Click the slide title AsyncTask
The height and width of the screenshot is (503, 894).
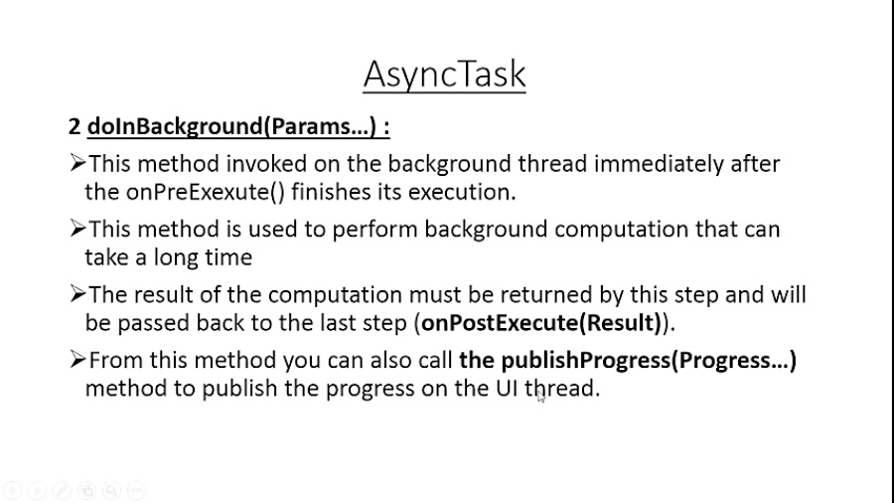(x=444, y=74)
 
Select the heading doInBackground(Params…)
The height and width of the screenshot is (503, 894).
(x=237, y=127)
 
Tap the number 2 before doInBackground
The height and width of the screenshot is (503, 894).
(x=74, y=127)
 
